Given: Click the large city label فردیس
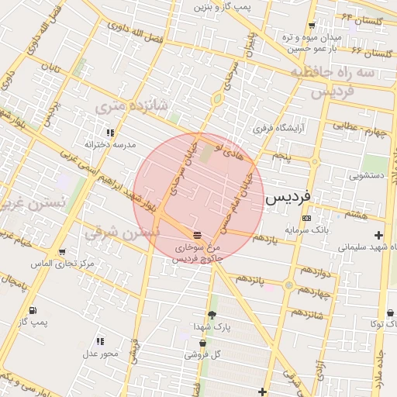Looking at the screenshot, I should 288,198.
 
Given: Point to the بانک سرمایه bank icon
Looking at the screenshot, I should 306,218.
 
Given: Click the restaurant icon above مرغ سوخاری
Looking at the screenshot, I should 197,233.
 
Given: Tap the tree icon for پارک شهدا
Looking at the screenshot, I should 212,315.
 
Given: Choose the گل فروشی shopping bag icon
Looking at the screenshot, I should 203,343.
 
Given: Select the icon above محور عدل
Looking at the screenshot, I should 100,341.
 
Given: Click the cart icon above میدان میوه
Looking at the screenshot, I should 312,24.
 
